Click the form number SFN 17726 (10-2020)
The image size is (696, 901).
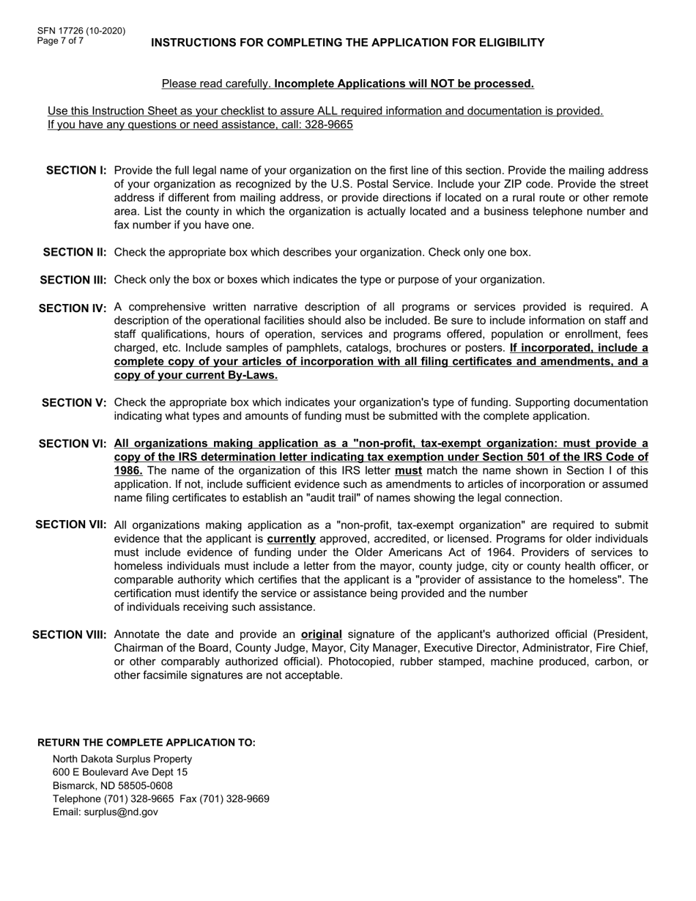coord(81,31)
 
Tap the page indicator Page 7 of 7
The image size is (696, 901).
coord(61,41)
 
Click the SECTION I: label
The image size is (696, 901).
coord(76,171)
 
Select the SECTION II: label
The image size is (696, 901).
coord(75,253)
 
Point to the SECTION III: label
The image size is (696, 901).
coord(73,280)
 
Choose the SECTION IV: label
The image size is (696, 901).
coord(73,308)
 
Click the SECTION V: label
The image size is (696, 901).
coord(75,403)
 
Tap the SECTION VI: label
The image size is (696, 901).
coord(73,444)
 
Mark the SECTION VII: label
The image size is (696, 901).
coord(71,524)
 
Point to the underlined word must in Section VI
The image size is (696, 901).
coord(408,471)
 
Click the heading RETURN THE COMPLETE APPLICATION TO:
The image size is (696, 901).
coord(147,743)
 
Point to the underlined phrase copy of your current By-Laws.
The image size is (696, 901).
coord(196,376)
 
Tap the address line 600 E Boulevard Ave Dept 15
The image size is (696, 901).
coord(120,772)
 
